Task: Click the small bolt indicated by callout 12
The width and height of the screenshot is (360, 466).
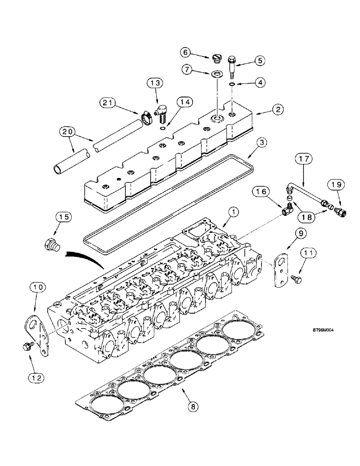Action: (x=27, y=346)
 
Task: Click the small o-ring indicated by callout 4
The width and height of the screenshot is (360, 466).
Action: (x=232, y=84)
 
